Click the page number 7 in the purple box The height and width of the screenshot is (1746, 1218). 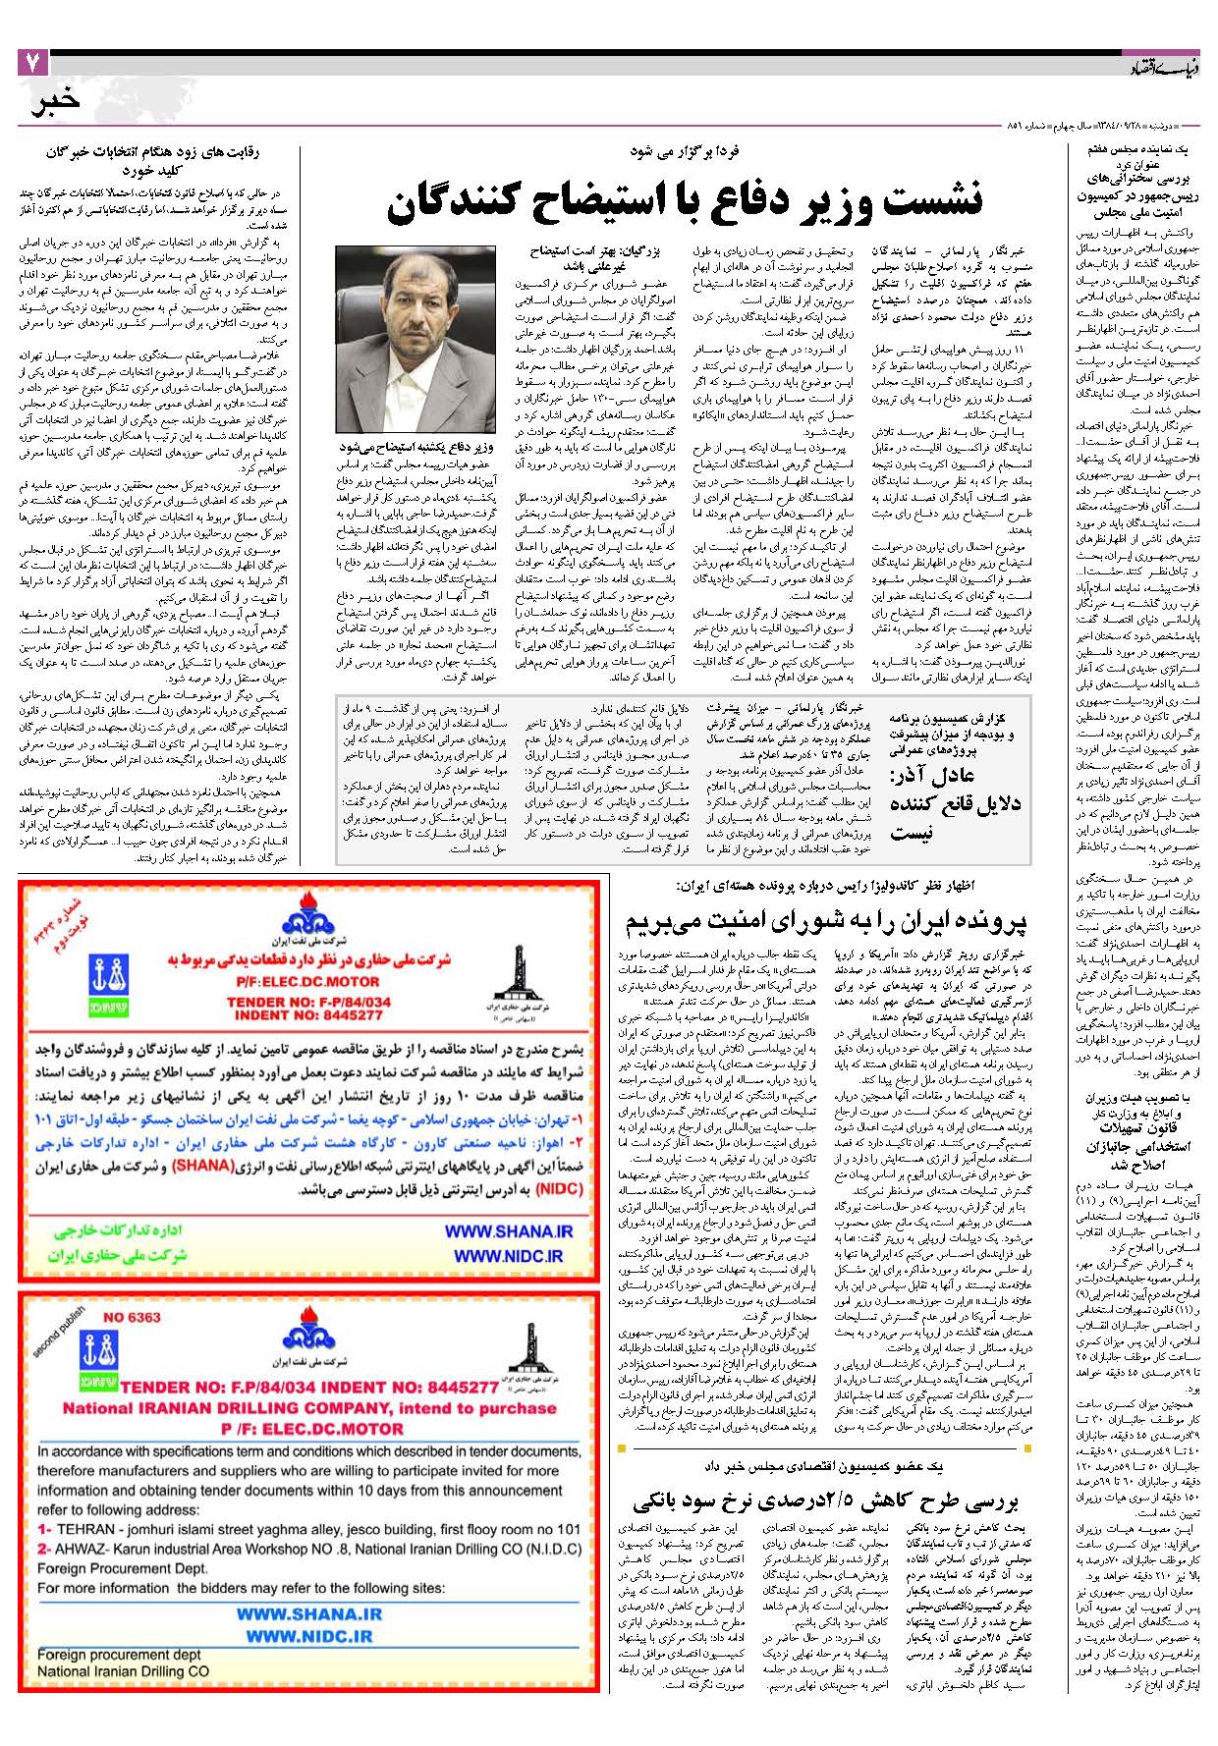pyautogui.click(x=31, y=64)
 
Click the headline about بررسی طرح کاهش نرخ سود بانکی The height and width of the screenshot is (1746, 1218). pyautogui.click(x=825, y=1500)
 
